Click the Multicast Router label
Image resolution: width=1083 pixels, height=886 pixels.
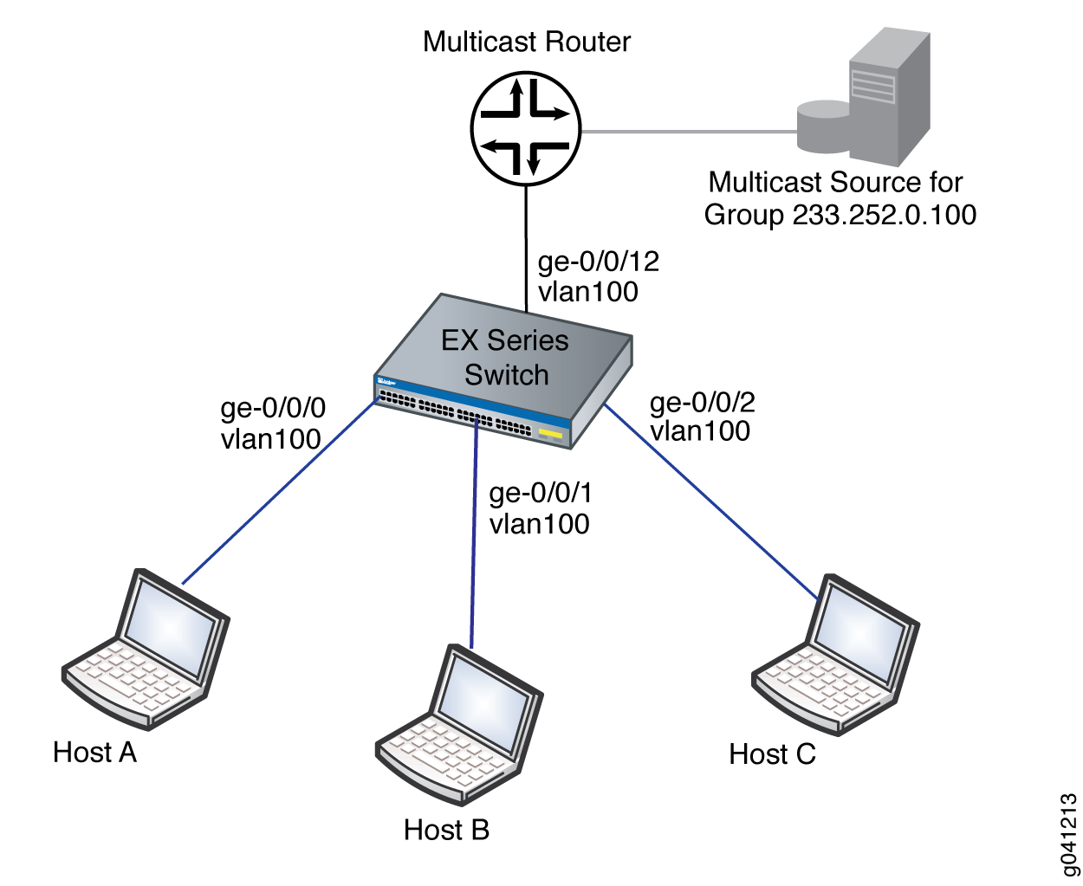[x=527, y=42]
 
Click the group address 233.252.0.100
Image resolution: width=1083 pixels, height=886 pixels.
[x=885, y=215]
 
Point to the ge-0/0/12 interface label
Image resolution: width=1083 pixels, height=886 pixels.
[x=599, y=262]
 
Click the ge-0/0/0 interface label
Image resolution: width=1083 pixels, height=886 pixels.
[x=274, y=408]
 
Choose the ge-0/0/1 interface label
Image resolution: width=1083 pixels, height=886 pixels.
[x=541, y=493]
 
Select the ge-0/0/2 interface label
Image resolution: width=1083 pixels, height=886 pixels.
[x=703, y=402]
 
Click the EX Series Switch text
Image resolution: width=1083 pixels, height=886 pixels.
[x=505, y=357]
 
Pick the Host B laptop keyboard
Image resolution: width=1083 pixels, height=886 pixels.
[x=433, y=754]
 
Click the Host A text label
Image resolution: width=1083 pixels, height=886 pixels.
[x=94, y=752]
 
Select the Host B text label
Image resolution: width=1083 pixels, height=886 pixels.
[x=446, y=830]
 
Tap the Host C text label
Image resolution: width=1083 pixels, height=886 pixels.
[x=772, y=754]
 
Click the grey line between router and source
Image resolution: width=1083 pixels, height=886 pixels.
[x=689, y=132]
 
